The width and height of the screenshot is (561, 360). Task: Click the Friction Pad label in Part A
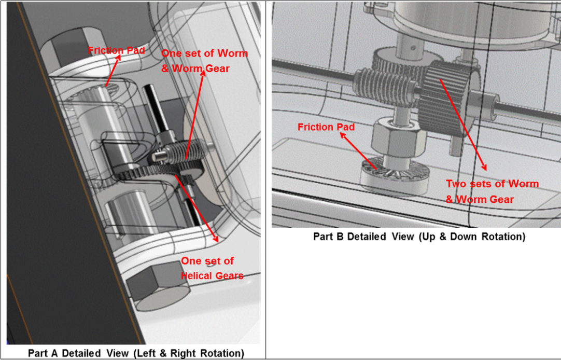tap(116, 50)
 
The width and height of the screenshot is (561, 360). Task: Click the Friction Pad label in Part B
tap(326, 127)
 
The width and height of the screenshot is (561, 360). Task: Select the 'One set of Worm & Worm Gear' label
tap(204, 61)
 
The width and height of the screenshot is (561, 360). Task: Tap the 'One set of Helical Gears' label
tap(212, 268)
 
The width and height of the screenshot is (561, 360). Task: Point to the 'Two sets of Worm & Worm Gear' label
tap(492, 191)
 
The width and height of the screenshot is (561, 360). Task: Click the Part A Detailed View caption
tap(136, 353)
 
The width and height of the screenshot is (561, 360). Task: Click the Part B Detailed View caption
tap(419, 237)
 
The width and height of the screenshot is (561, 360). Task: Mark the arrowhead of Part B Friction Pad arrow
tap(342, 136)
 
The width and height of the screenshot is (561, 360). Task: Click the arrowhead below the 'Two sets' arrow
tap(484, 167)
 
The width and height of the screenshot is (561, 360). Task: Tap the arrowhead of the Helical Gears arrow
tap(215, 239)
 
